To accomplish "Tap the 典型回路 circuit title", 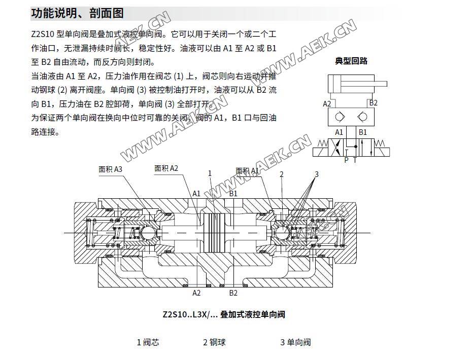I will pyautogui.click(x=351, y=61).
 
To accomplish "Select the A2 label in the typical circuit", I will pyautogui.click(x=327, y=104).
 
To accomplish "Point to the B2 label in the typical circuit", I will pyautogui.click(x=373, y=103).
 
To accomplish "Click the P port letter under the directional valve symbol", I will pyautogui.click(x=346, y=160).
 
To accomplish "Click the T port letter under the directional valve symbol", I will pyautogui.click(x=355, y=160).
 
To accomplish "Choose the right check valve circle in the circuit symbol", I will pyautogui.click(x=362, y=117).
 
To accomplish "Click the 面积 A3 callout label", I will pyautogui.click(x=110, y=169).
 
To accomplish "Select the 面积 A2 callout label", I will pyautogui.click(x=166, y=168).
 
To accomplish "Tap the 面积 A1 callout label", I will pyautogui.click(x=248, y=171).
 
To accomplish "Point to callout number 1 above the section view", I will pyautogui.click(x=210, y=173).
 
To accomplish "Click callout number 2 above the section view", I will pyautogui.click(x=282, y=174).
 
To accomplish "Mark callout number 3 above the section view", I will pyautogui.click(x=316, y=174).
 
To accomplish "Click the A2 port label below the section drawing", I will pyautogui.click(x=197, y=293).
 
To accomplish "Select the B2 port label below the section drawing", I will pyautogui.click(x=233, y=293).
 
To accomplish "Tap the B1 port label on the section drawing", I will pyautogui.click(x=233, y=193).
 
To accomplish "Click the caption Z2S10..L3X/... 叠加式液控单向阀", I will pyautogui.click(x=224, y=314).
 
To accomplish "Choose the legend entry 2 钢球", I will pyautogui.click(x=214, y=342).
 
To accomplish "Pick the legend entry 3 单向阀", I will pyautogui.click(x=295, y=342).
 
